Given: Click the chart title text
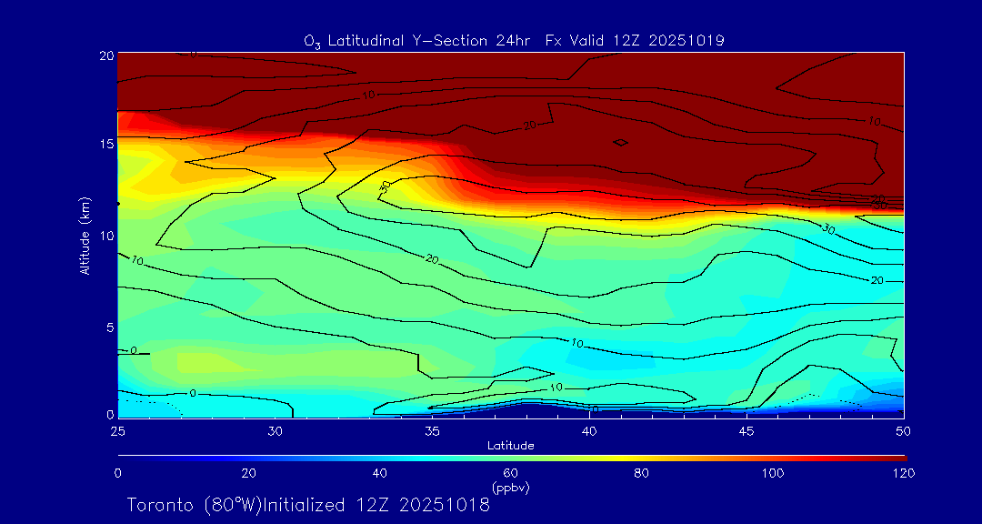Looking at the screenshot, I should coord(514,40).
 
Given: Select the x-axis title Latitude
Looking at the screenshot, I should coord(510,445).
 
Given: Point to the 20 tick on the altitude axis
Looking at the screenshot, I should coord(105,55).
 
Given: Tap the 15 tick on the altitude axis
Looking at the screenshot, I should coord(105,145).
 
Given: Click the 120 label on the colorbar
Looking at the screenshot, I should coord(903,473).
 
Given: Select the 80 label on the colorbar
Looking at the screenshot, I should coord(642,473).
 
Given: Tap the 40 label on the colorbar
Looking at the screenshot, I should coord(380,473).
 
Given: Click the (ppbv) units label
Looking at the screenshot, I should coord(510,488).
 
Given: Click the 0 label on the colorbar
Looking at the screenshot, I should coord(117,473).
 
